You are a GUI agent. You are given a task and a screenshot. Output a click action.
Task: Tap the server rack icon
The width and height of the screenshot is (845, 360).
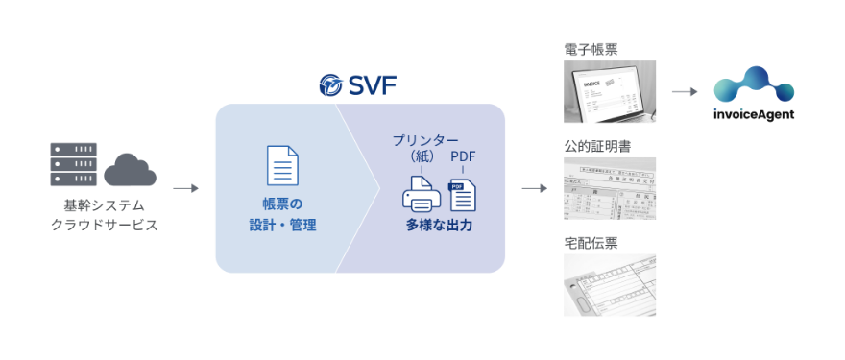click(x=74, y=166)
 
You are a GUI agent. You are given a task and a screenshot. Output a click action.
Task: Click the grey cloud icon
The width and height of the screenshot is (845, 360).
click(x=130, y=169)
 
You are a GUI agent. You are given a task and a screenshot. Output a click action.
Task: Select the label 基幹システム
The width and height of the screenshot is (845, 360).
click(x=103, y=204)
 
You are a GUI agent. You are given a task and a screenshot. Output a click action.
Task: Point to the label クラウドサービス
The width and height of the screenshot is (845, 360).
click(x=103, y=225)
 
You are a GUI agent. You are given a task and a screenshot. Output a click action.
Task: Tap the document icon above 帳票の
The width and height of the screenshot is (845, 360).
click(x=282, y=165)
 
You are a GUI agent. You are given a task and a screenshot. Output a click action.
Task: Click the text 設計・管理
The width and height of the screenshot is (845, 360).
click(x=282, y=226)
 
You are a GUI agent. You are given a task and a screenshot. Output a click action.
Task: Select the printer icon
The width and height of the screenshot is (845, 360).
click(x=421, y=195)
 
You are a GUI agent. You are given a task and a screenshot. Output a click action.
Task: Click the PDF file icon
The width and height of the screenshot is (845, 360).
click(x=463, y=196)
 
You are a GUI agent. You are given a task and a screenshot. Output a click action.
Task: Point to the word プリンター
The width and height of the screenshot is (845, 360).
click(x=425, y=141)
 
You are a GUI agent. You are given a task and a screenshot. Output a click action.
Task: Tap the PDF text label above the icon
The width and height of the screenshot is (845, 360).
click(x=463, y=156)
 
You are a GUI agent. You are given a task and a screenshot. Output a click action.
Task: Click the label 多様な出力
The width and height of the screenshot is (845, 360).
click(x=439, y=226)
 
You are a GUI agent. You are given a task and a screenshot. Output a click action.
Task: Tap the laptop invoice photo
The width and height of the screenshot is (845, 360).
click(x=610, y=91)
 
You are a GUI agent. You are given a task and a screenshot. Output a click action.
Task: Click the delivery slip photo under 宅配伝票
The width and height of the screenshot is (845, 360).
click(x=610, y=285)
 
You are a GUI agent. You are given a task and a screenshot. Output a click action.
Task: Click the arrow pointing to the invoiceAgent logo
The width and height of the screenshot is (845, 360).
click(x=684, y=92)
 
